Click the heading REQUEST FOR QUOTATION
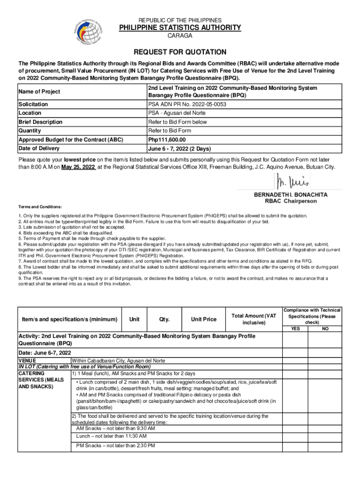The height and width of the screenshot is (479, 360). (x=180, y=52)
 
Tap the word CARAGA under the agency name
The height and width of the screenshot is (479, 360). (x=180, y=36)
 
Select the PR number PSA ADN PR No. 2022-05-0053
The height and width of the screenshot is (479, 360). (x=187, y=104)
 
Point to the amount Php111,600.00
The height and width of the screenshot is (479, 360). (x=167, y=139)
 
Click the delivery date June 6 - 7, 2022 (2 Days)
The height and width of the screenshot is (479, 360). (x=179, y=149)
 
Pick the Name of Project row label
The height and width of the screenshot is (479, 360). (x=39, y=92)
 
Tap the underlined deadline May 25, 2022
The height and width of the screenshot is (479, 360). (x=78, y=167)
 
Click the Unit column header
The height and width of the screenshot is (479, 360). (x=134, y=319)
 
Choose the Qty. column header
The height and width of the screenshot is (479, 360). (x=164, y=319)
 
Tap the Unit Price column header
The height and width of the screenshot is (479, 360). (x=203, y=319)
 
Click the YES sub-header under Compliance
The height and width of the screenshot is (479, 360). (x=295, y=329)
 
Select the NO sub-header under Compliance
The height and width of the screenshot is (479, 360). (x=325, y=329)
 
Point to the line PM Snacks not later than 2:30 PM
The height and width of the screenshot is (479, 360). (x=115, y=445)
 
